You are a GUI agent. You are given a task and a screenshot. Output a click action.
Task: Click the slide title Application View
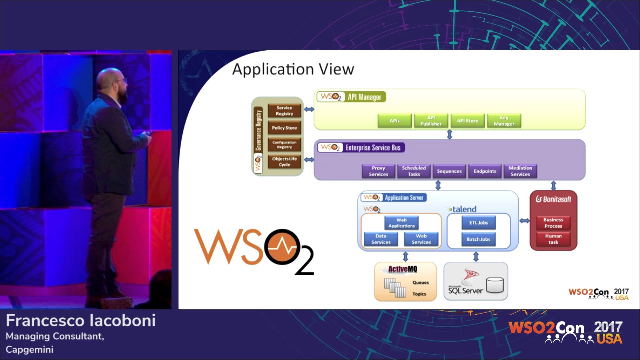(x=293, y=69)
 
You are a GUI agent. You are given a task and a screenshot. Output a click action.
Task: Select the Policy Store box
(x=284, y=128)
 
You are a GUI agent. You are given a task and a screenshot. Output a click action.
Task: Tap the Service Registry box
(x=284, y=111)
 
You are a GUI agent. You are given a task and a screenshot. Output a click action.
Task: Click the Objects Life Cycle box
(x=284, y=162)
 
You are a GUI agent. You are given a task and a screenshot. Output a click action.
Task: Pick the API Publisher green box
(x=431, y=121)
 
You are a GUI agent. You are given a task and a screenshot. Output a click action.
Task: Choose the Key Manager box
(x=504, y=121)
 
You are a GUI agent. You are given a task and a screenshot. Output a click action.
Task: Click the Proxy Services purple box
(x=378, y=171)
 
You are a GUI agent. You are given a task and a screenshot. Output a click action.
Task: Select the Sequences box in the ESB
(x=449, y=171)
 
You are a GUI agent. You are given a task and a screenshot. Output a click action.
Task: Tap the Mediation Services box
(x=520, y=171)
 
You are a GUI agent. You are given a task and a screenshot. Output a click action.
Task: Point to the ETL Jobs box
(x=478, y=223)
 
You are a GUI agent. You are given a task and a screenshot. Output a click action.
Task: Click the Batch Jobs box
(x=478, y=239)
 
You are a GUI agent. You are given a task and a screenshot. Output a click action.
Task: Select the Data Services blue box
(x=381, y=239)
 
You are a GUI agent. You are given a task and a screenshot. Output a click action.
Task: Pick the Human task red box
(x=553, y=239)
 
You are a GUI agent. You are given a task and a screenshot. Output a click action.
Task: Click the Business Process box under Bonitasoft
(x=553, y=223)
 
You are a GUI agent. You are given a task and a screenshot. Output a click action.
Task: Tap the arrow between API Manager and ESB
(x=449, y=134)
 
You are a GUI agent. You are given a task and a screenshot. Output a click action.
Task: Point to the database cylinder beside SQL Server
(x=495, y=285)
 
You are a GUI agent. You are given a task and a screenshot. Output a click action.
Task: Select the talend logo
(x=463, y=209)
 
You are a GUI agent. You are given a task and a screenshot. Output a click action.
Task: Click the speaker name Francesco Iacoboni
(x=81, y=321)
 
